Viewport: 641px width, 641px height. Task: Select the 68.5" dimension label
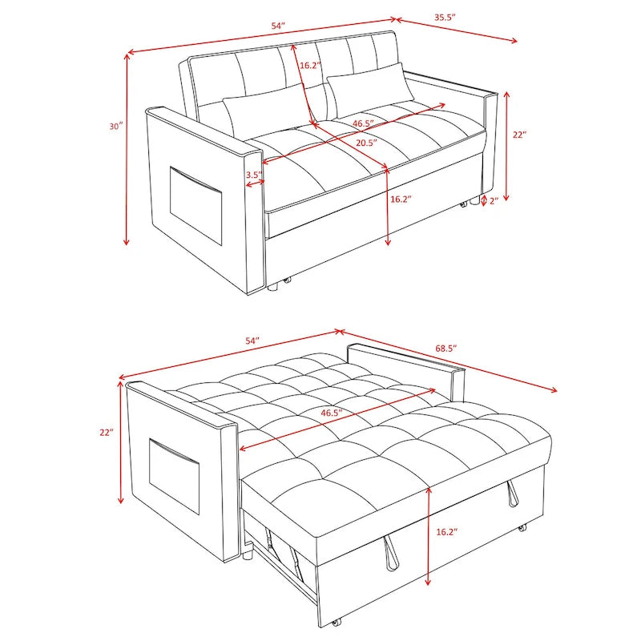coord(445,349)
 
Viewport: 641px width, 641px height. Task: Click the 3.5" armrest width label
coord(254,174)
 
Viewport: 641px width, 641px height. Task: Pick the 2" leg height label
coord(495,200)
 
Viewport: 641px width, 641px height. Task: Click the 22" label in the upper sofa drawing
coord(518,135)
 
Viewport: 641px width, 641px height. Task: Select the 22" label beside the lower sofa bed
coord(107,432)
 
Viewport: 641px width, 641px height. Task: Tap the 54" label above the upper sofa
coord(278,26)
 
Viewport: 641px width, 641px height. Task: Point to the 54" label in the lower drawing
coord(253,341)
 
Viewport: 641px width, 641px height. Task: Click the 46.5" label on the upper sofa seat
coord(363,124)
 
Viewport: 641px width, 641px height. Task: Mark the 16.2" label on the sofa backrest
coord(311,66)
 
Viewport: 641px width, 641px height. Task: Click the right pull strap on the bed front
coord(510,496)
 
